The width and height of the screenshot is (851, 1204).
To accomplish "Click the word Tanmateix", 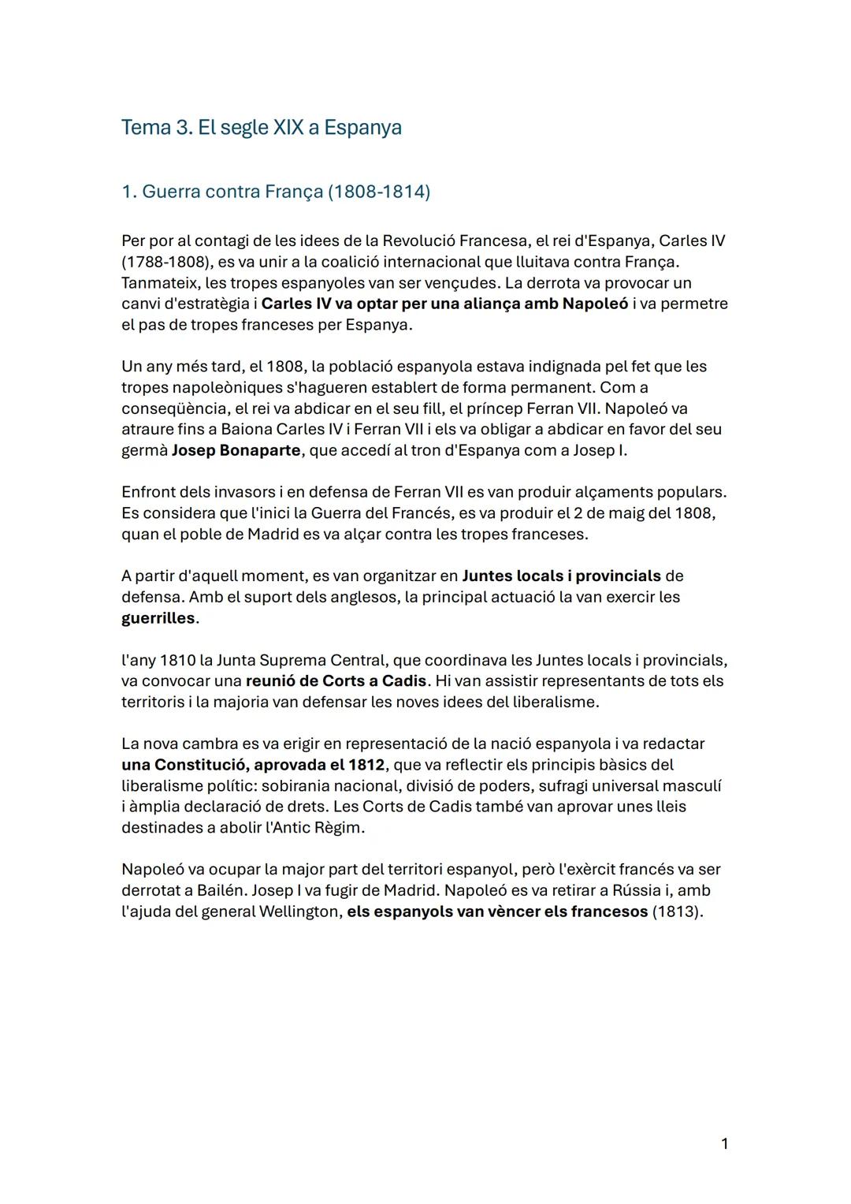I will point(160,282).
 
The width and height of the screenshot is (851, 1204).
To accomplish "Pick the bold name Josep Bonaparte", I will point(236,450).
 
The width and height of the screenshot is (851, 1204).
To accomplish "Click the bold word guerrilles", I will point(158,618).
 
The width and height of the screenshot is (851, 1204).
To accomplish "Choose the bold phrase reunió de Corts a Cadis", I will point(336,680).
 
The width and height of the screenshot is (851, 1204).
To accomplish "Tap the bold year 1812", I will point(366,765).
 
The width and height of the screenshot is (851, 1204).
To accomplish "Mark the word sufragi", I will point(560,786).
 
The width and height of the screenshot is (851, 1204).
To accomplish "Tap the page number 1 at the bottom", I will point(724,1143).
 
